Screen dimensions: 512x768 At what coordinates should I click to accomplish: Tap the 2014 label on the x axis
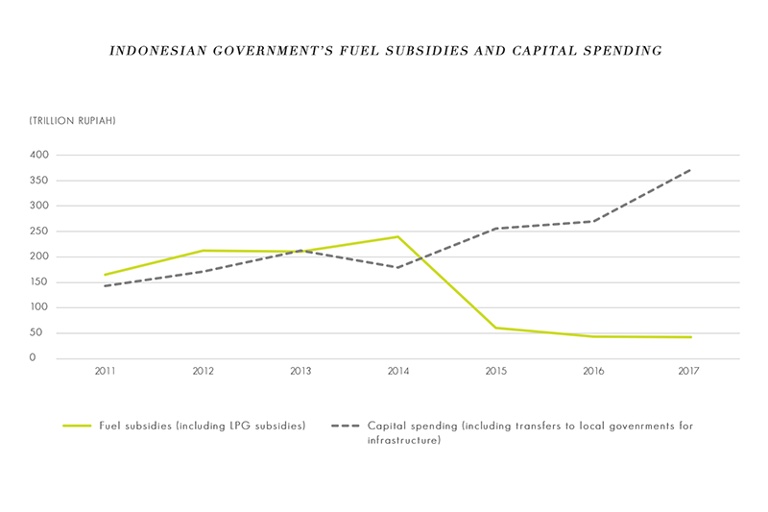pos(396,371)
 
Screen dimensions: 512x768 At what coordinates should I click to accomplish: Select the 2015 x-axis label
pos(494,371)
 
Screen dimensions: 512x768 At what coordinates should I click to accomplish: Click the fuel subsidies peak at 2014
pos(396,236)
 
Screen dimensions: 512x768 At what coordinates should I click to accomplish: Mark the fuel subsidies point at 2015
pos(495,328)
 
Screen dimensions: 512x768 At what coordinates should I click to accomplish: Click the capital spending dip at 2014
pos(396,267)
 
